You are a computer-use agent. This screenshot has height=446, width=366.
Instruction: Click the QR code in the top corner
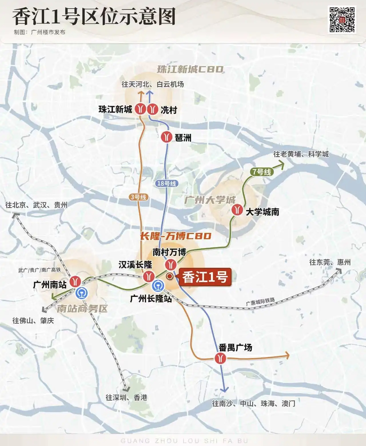342,20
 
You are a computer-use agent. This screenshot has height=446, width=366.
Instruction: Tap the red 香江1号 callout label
205,277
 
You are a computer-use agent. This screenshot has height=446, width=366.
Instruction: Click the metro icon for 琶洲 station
166,137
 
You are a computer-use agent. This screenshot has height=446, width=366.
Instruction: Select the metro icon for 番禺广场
220,358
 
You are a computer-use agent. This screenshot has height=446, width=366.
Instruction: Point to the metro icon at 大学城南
237,210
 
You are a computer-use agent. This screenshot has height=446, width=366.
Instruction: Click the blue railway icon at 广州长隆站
157,285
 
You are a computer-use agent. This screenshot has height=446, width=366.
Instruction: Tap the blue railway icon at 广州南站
82,292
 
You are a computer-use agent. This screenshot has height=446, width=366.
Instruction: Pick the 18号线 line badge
167,183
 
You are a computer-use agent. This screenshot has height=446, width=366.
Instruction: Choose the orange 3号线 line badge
139,197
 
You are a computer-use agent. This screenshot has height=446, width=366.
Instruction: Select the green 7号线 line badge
261,172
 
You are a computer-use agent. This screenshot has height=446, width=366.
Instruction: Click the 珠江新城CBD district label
190,69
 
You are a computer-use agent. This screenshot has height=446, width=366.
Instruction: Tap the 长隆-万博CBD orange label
176,236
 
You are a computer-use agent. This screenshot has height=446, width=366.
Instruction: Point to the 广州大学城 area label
210,200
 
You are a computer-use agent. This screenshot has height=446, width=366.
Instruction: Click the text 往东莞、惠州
330,262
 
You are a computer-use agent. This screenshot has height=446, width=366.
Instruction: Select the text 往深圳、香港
126,397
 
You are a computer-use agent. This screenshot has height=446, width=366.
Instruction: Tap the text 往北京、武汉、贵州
36,205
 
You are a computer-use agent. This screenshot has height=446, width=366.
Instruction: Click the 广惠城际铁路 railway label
260,301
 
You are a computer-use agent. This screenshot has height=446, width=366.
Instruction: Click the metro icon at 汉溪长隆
148,276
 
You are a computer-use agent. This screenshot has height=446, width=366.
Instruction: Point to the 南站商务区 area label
82,309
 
